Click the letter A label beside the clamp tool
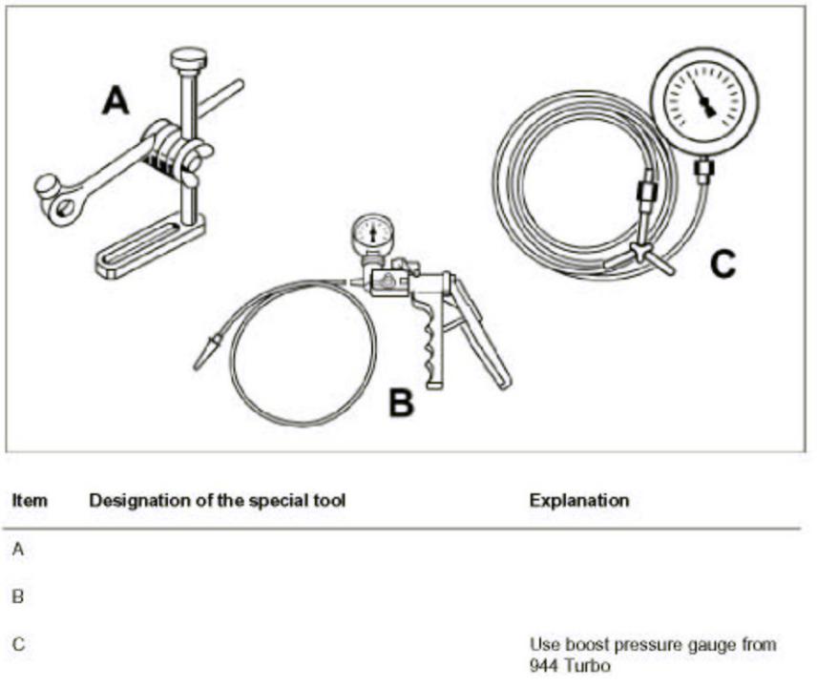click(x=115, y=99)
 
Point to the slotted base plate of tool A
click(x=151, y=246)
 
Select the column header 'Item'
click(x=30, y=500)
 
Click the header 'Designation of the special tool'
click(x=217, y=500)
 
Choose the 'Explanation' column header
click(x=578, y=500)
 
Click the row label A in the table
click(x=18, y=549)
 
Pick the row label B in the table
click(x=18, y=596)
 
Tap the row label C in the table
click(x=18, y=645)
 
